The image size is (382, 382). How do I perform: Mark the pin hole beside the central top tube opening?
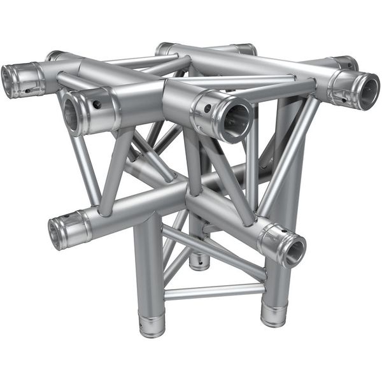(x=208, y=108)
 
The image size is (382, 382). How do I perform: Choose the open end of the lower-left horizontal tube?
(x=56, y=233)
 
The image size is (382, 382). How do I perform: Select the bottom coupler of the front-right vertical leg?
(x=272, y=315)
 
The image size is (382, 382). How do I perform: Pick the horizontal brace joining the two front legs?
(x=213, y=292)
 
